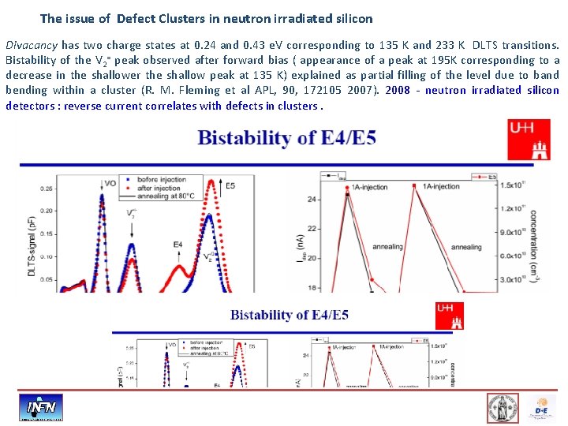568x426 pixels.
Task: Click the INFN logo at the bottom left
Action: (x=41, y=408)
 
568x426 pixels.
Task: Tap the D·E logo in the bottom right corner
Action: (x=541, y=409)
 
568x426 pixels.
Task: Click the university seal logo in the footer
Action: (x=503, y=408)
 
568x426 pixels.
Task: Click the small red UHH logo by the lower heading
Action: (x=450, y=316)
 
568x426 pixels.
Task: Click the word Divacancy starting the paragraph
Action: (x=30, y=45)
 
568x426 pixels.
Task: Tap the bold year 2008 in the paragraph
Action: (x=398, y=90)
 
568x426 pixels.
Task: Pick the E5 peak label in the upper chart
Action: (x=230, y=186)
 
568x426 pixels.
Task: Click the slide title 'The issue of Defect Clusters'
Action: (x=206, y=17)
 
